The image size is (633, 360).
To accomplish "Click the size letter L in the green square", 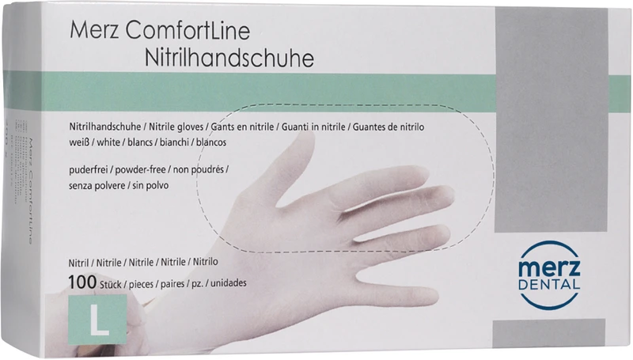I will pyautogui.click(x=97, y=320).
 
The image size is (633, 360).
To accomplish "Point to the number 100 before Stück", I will pyautogui.click(x=81, y=281).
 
